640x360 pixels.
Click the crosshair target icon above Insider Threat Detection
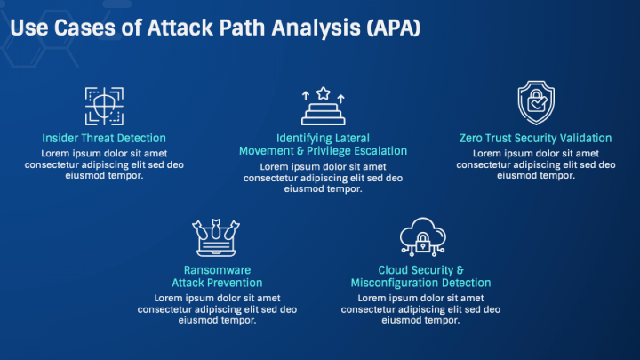click(x=104, y=106)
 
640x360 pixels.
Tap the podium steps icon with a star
click(x=323, y=107)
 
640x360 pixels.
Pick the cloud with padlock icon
click(x=420, y=238)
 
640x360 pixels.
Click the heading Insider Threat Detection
click(x=104, y=139)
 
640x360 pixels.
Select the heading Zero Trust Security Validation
click(x=535, y=139)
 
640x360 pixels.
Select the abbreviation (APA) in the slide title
click(x=390, y=28)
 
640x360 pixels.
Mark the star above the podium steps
click(x=323, y=92)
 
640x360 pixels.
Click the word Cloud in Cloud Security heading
click(x=395, y=270)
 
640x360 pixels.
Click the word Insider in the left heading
click(x=59, y=139)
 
